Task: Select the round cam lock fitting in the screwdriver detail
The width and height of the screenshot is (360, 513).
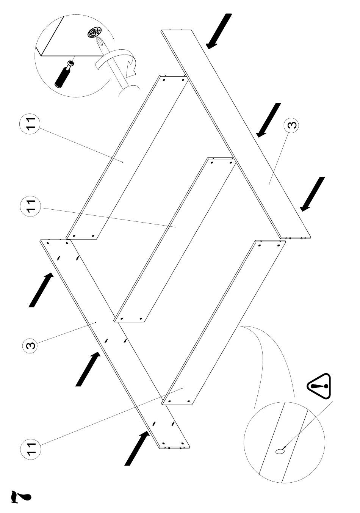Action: point(94,33)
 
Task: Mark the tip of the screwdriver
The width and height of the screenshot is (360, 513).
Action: point(97,37)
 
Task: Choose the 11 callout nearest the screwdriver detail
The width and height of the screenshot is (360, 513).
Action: point(30,124)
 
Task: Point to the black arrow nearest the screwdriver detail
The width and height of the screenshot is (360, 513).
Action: point(219,31)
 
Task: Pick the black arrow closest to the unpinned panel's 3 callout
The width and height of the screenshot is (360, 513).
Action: point(268,120)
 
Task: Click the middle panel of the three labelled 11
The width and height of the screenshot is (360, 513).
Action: point(175,239)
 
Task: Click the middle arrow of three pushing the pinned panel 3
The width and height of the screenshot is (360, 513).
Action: point(88,369)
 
